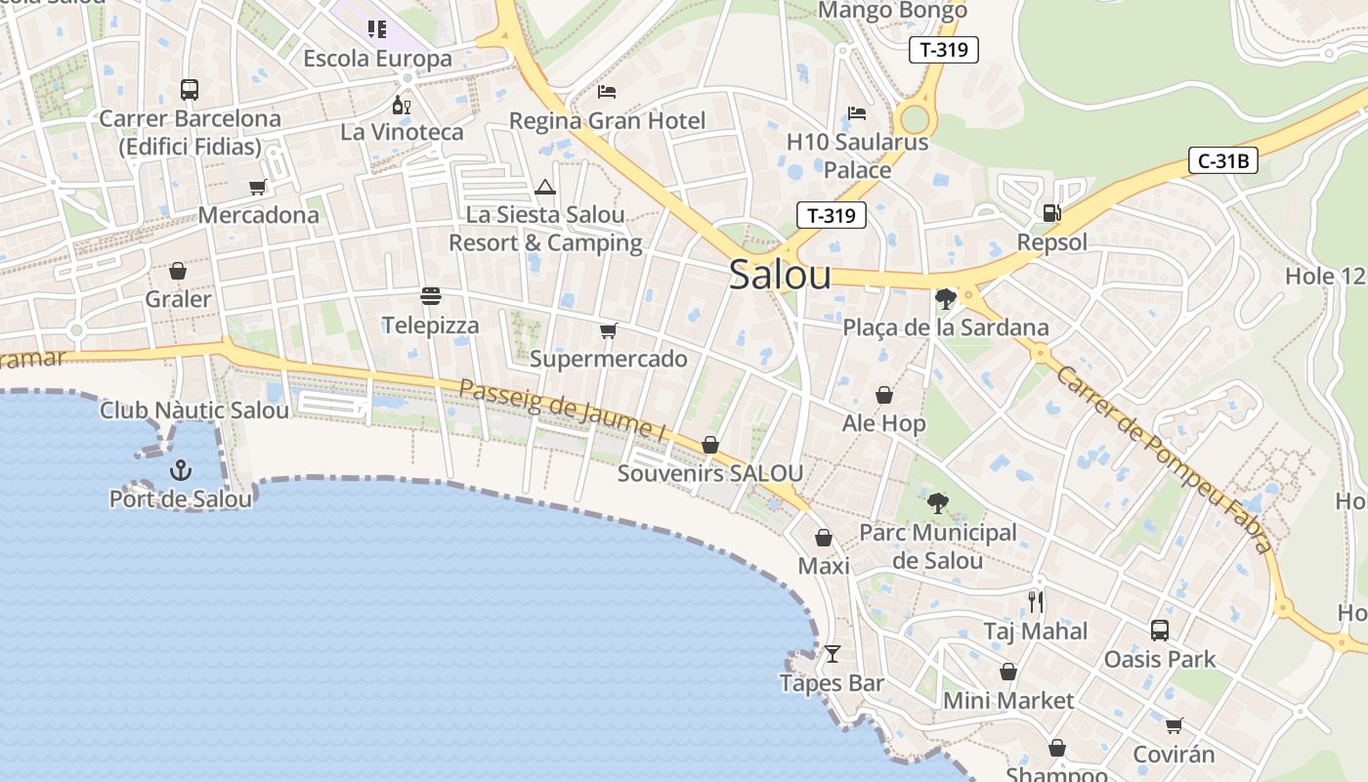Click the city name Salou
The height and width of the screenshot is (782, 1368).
coord(780,275)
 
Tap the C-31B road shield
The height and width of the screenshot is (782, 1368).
coord(1222,161)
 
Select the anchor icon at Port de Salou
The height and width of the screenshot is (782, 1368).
coord(180,471)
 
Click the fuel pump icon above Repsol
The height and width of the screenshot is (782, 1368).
coord(1051,212)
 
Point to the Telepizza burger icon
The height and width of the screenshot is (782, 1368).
coord(430,295)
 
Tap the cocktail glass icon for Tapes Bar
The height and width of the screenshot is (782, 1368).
coord(832,653)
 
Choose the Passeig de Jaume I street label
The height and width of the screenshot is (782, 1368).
coord(562,409)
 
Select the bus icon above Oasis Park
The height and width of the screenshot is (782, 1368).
coord(1160,630)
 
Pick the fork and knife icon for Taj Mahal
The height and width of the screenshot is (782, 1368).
coord(1036,601)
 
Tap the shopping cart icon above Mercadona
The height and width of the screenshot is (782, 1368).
coord(258,187)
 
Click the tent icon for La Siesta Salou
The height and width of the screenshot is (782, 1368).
coord(545,187)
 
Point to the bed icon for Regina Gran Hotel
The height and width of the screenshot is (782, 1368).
coord(607,92)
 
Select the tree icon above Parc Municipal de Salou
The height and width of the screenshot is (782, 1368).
coord(937,503)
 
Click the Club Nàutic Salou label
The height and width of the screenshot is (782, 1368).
coord(194,411)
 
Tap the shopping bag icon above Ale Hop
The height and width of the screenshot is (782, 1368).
coord(884,395)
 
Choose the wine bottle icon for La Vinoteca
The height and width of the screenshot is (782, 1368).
coord(401,104)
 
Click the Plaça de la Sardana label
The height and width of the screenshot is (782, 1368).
coord(946,327)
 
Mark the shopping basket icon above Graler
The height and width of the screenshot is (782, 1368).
coord(178,270)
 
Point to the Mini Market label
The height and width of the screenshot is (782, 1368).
coord(1008,701)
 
